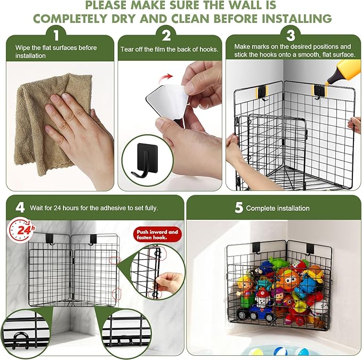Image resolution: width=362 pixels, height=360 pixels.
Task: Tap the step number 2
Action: (x=166, y=37)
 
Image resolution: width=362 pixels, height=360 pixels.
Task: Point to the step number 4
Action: (x=20, y=207)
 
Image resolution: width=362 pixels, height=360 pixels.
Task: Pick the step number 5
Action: (x=239, y=207)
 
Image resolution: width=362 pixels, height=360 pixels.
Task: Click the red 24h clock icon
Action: (x=20, y=230)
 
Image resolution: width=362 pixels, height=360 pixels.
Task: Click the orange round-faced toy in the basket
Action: (x=287, y=278)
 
